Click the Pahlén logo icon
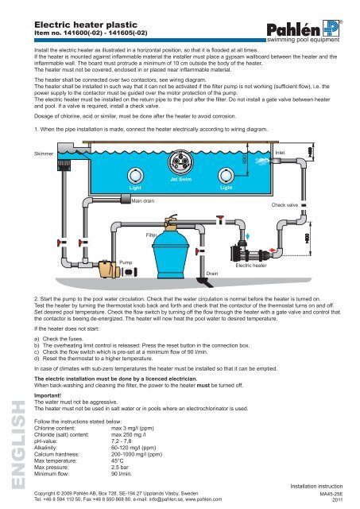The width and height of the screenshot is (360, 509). (x=331, y=29)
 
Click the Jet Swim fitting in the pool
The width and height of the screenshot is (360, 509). (x=180, y=162)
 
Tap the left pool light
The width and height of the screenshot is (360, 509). (x=135, y=177)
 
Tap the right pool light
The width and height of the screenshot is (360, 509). (x=226, y=176)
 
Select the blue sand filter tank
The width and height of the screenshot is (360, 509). (x=169, y=253)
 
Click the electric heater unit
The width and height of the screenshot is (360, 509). (x=250, y=252)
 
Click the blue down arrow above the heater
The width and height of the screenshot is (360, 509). (x=248, y=236)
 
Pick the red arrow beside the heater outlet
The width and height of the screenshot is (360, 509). (x=273, y=250)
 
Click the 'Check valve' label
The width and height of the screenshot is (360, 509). (x=285, y=205)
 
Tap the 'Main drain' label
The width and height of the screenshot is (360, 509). (x=143, y=201)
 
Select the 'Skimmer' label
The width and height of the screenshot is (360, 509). (x=44, y=153)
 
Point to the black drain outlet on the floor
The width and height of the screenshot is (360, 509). (x=206, y=282)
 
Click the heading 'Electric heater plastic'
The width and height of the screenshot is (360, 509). (x=86, y=25)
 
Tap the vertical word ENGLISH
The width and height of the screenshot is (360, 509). (x=18, y=445)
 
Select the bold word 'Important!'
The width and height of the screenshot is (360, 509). (x=48, y=395)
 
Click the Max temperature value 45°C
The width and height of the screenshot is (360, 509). (x=118, y=460)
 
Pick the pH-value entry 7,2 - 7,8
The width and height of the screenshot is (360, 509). (x=122, y=441)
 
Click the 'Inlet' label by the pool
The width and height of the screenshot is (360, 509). (x=280, y=153)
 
